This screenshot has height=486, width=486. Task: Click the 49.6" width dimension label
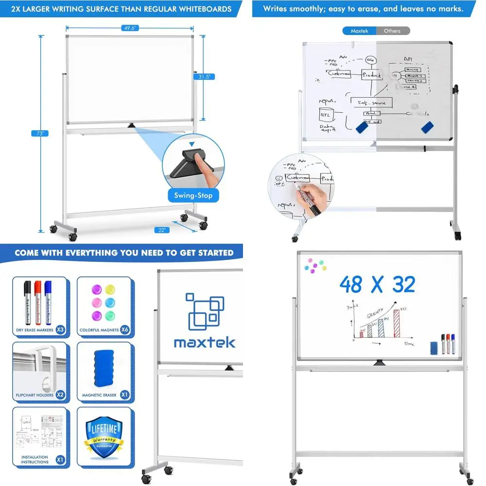click(130, 28)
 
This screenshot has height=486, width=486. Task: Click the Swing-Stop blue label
click(193, 196)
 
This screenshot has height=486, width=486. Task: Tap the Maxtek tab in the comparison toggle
click(360, 31)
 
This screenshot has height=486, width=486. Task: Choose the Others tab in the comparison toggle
click(392, 31)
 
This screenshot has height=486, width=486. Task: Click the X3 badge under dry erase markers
click(60, 330)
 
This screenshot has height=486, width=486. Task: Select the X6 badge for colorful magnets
click(125, 330)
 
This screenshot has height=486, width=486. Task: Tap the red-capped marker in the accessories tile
click(37, 301)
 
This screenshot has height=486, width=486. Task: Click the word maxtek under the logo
click(204, 342)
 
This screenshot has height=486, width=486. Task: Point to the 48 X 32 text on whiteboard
click(377, 285)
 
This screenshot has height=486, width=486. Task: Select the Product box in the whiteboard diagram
click(372, 75)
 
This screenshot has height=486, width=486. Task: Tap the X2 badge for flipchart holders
click(60, 395)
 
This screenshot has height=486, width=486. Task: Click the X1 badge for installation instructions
click(60, 459)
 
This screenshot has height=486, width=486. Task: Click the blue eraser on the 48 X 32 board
click(434, 347)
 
